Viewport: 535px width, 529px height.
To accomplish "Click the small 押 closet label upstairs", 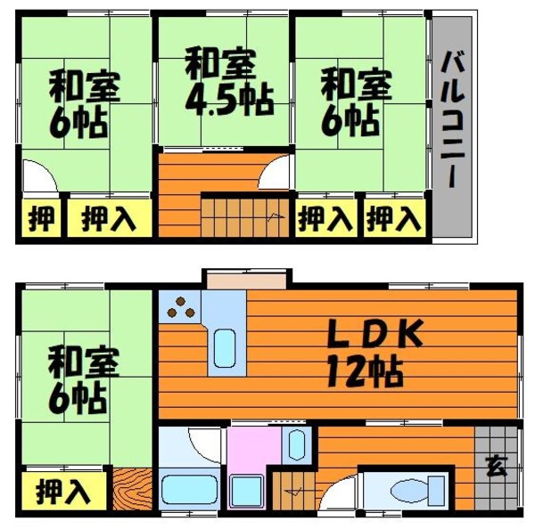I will pos(40,219).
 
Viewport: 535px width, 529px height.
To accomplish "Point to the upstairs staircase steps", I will pos(234,219).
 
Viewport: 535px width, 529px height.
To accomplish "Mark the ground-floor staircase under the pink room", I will pos(294,492).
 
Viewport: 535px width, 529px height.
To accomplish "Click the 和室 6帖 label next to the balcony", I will pos(356,103).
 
